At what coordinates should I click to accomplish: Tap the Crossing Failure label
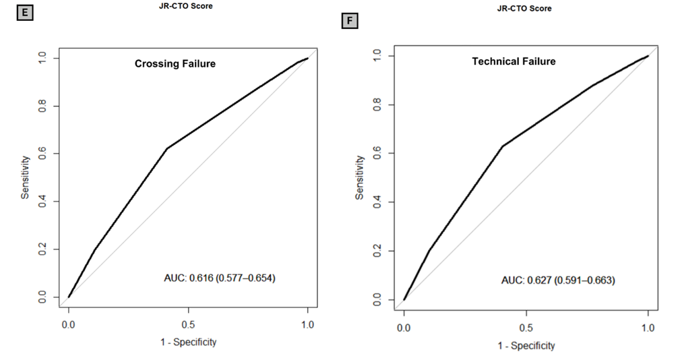[175, 64]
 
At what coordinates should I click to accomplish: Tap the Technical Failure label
[514, 61]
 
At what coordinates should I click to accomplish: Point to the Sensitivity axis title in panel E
[25, 177]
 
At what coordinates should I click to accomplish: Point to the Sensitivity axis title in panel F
[361, 177]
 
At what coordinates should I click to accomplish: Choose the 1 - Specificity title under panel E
[188, 342]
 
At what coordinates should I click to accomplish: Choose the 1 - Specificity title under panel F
[526, 345]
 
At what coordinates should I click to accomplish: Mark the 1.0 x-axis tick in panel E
[307, 324]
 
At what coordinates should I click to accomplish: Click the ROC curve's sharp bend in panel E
[166, 148]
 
